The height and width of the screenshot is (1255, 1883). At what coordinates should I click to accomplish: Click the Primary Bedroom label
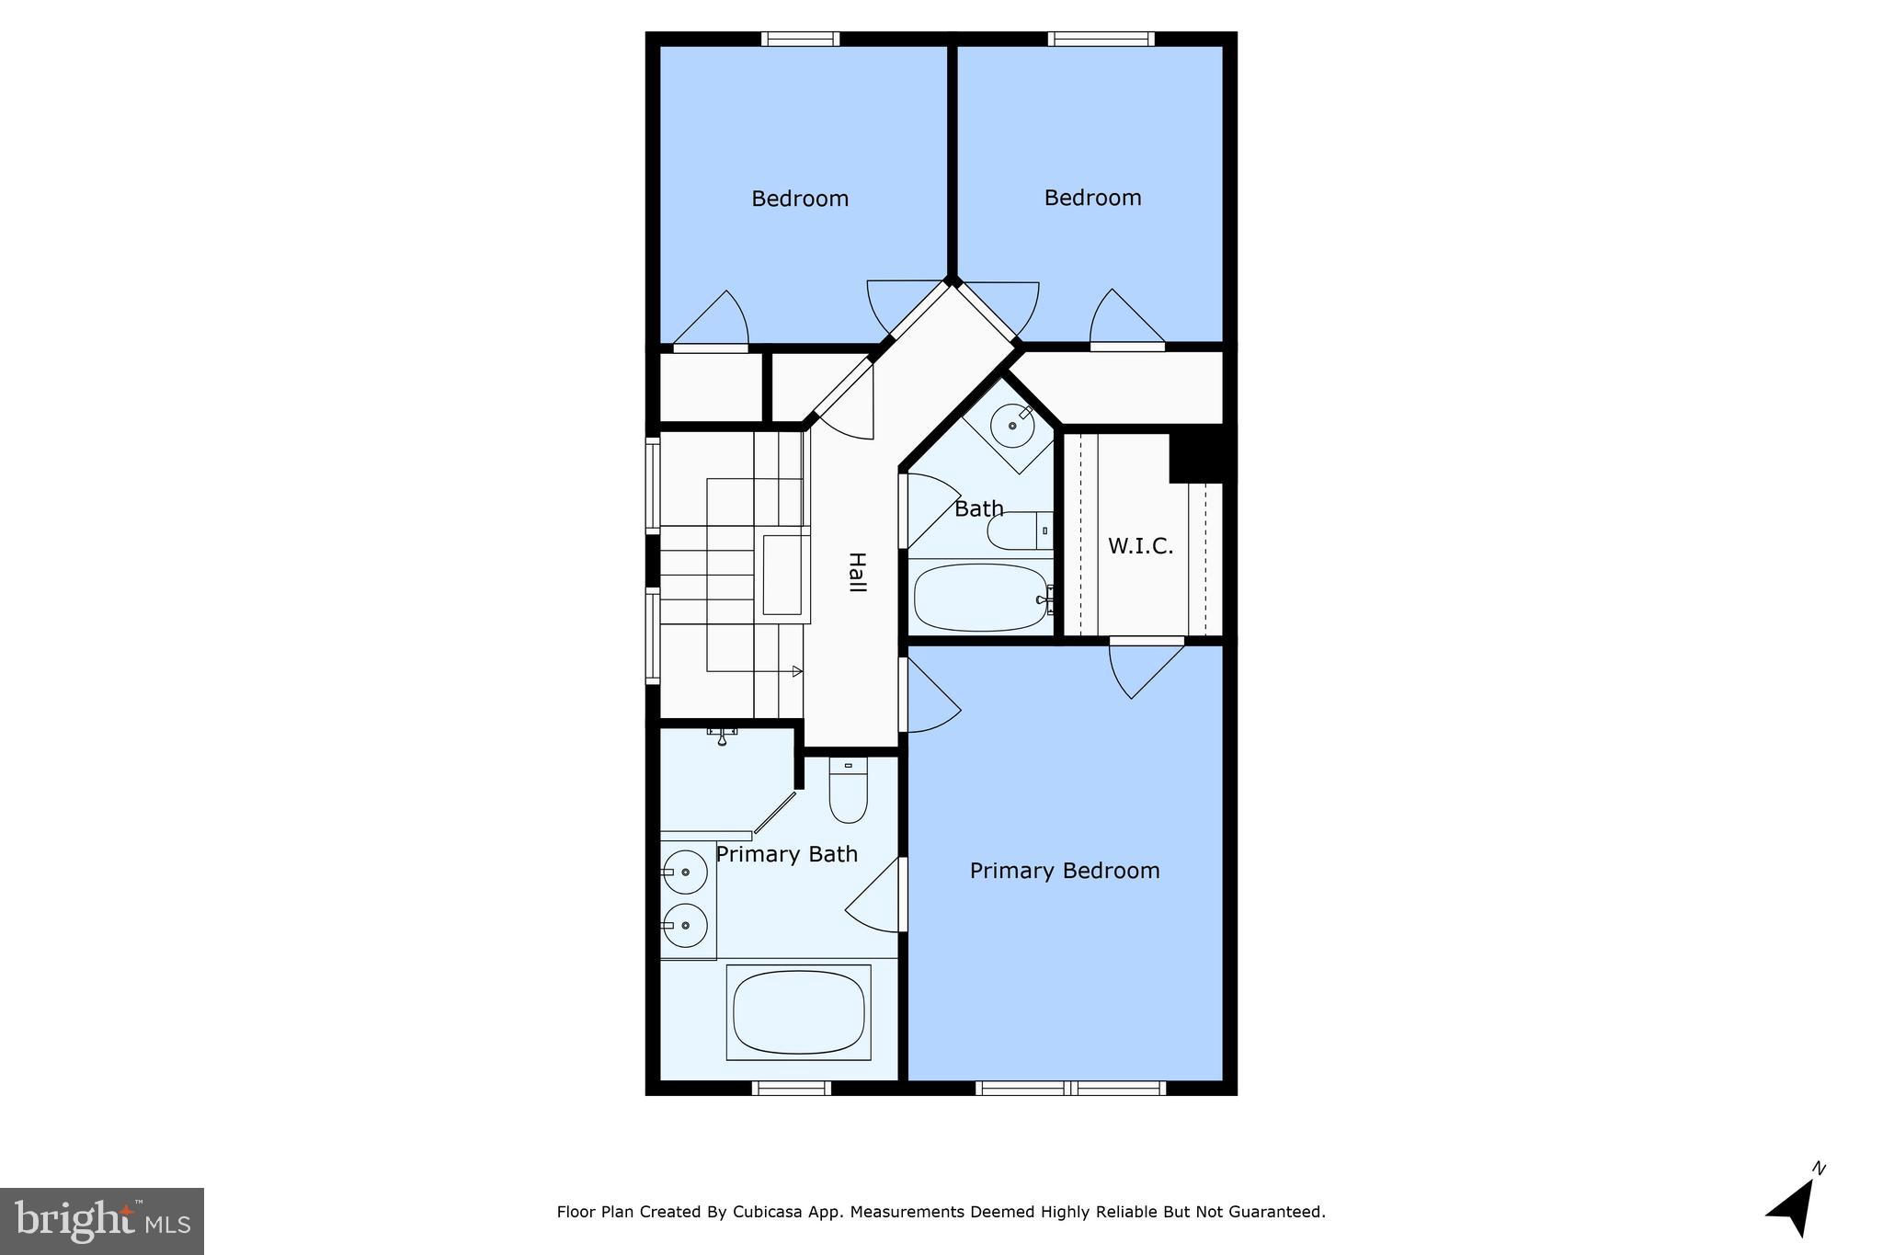1064,871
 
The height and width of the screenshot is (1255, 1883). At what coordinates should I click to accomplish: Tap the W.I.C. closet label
1140,546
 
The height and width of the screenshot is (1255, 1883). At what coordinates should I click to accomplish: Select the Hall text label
856,572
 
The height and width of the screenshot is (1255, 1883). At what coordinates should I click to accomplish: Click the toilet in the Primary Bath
848,791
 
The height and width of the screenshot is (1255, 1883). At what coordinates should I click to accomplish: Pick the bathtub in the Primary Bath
798,1011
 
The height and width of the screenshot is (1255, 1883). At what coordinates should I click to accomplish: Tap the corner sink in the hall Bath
1013,425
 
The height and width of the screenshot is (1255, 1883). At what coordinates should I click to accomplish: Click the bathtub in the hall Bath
980,598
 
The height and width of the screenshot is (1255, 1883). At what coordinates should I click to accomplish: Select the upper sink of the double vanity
686,872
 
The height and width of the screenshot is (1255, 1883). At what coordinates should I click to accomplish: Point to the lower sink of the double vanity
686,925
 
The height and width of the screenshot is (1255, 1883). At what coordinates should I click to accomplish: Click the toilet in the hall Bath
1017,531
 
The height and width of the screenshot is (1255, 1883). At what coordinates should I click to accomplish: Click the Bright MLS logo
102,1221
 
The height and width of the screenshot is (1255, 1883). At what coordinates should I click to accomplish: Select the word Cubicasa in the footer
763,1213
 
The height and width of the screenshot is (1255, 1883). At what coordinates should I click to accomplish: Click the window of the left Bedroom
800,39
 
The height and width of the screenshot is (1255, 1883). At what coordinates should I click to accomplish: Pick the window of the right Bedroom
1101,39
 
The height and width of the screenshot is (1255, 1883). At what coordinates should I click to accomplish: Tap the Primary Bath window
791,1089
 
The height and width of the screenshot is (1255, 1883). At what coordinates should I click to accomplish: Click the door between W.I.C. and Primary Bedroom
1146,642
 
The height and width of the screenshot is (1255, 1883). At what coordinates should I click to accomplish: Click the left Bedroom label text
800,199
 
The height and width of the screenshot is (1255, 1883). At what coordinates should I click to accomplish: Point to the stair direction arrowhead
797,672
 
